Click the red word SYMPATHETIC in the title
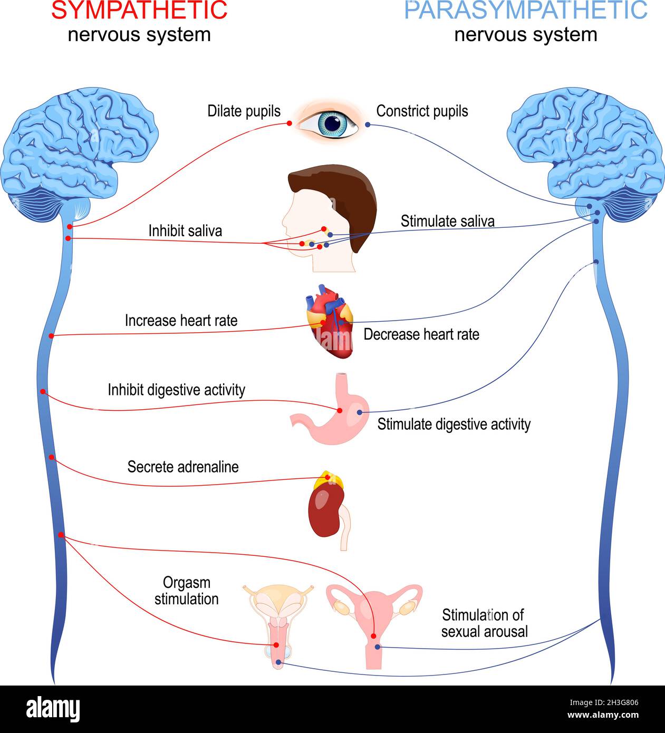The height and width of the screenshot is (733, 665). coord(139,11)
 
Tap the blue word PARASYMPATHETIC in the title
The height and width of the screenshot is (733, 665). coord(525,11)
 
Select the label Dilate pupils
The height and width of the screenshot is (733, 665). coord(244,111)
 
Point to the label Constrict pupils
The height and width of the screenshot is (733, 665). coord(422,111)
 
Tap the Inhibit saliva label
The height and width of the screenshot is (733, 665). coord(185,231)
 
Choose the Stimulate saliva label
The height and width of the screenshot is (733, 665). coord(447,221)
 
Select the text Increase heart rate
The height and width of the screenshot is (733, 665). coord(181,321)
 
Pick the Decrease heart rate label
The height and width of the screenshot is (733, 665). coord(421,334)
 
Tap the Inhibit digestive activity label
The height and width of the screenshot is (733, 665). coord(176,390)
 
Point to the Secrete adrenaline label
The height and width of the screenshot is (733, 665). coord(182,467)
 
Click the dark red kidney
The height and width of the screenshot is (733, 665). coord(323,512)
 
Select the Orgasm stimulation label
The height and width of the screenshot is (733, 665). coord(186,591)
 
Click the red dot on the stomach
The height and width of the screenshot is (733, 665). coord(340,410)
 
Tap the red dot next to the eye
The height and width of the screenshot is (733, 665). coord(289,123)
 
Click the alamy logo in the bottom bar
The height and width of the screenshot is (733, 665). coord(53,709)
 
